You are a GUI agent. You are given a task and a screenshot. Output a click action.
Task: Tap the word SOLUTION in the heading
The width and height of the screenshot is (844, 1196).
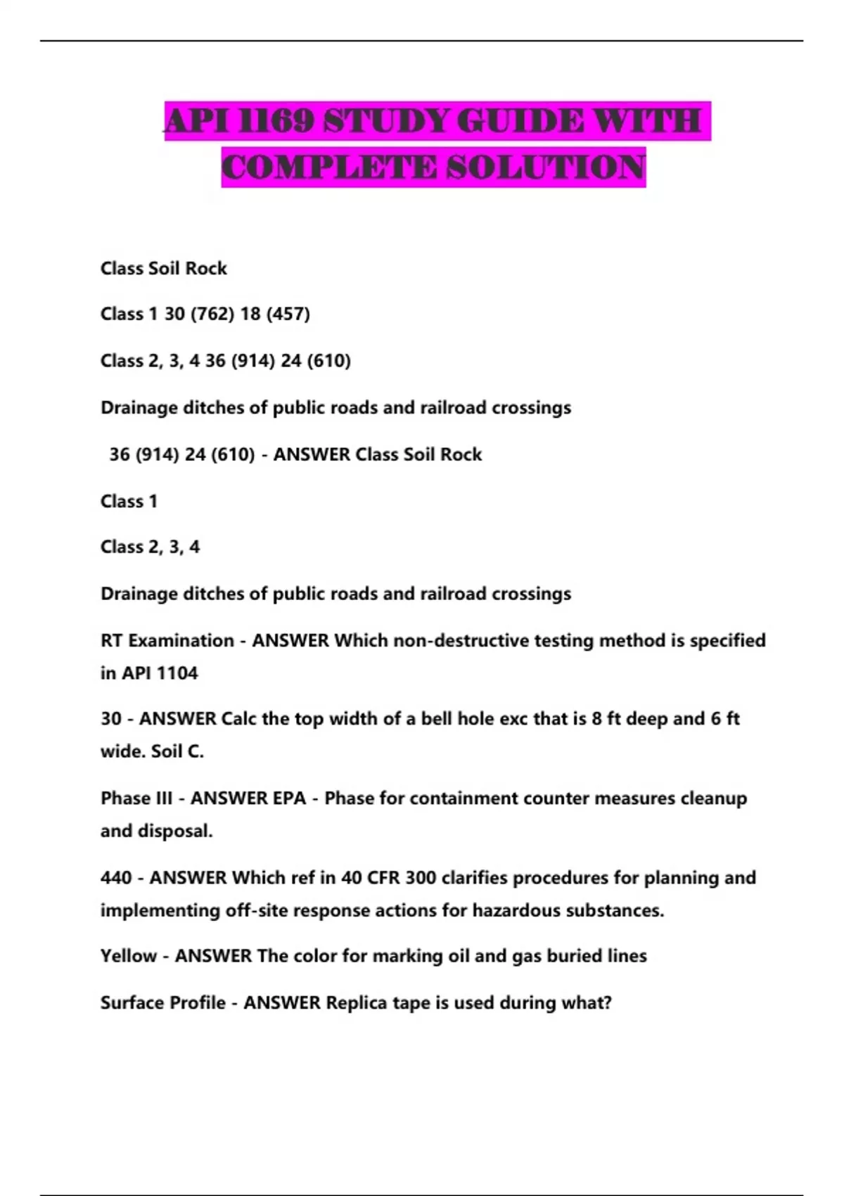coord(546,167)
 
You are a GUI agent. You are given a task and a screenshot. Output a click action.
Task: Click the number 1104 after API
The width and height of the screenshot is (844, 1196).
coord(177,673)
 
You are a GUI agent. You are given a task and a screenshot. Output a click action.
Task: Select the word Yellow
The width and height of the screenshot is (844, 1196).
coord(129,956)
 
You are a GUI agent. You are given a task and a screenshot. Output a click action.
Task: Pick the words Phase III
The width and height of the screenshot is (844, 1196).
coord(136,799)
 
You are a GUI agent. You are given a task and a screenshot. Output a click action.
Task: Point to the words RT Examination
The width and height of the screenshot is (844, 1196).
coord(167,641)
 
